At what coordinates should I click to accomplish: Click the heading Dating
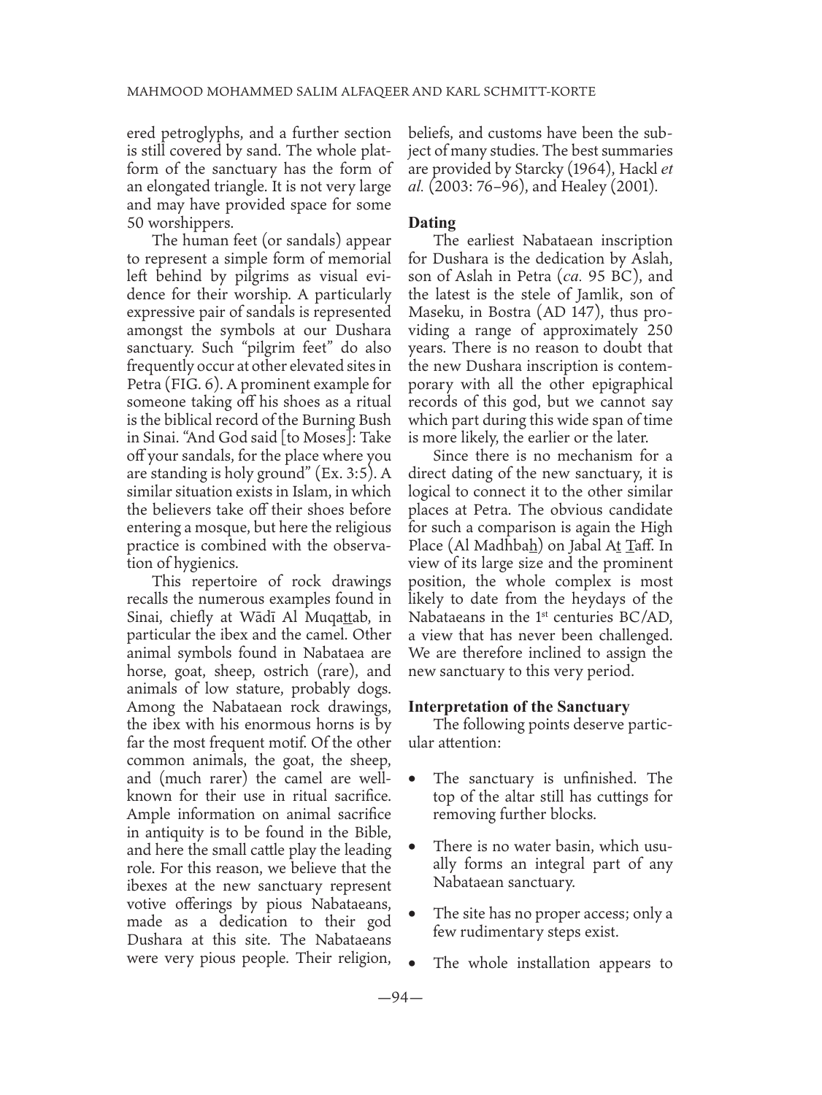pos(432,223)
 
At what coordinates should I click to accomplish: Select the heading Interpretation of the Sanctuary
pos(519,707)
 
